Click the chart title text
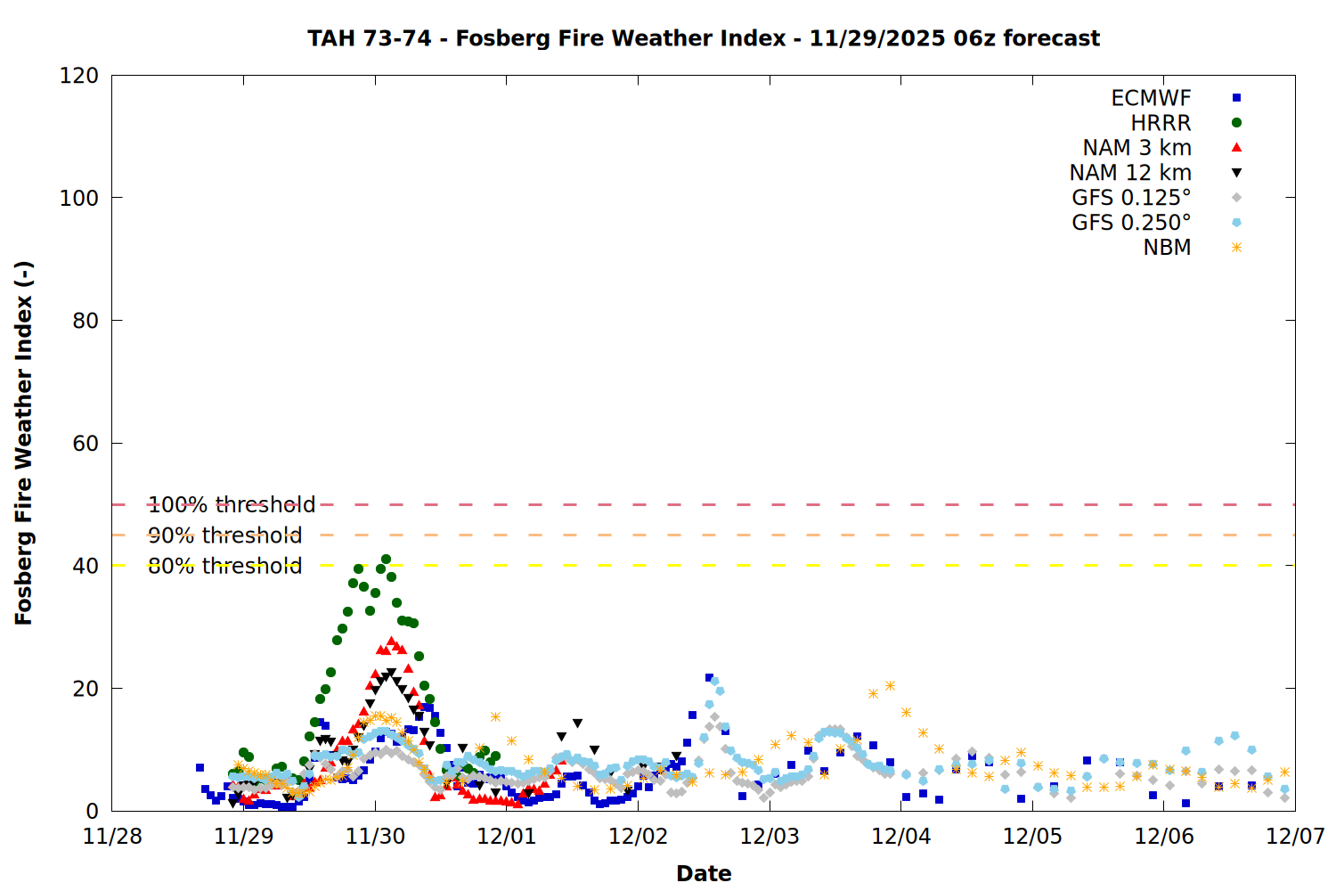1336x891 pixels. coord(704,38)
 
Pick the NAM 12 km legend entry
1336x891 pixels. coord(1130,173)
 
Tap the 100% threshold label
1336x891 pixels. coord(232,505)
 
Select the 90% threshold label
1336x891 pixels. coord(224,535)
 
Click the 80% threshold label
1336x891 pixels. coord(224,566)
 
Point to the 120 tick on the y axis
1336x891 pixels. coord(79,76)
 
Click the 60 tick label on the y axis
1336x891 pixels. coord(86,444)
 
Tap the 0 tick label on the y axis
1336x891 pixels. coord(93,812)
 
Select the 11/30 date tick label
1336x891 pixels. coord(375,837)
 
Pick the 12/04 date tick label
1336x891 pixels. coord(901,837)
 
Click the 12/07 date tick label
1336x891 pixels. coord(1295,837)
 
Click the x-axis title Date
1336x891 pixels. coord(704,873)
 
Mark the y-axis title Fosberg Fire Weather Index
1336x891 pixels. coord(24,443)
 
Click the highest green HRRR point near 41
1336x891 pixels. coord(386,560)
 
